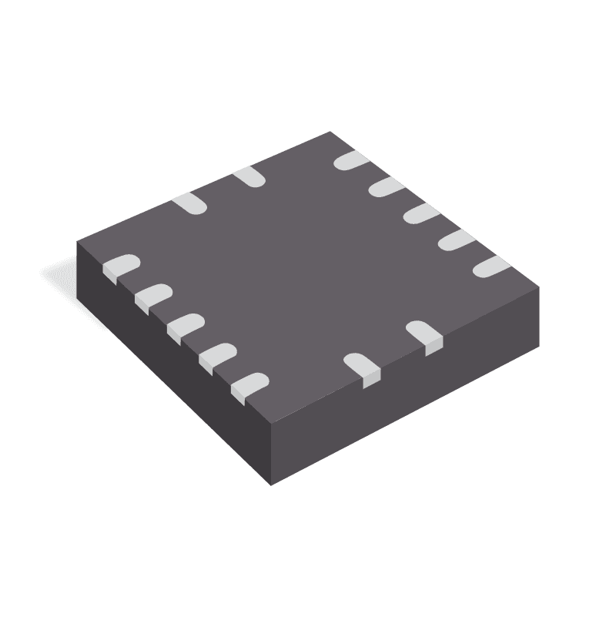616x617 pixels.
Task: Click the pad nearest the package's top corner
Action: [x=350, y=160]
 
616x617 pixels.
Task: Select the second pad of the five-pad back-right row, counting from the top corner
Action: [x=383, y=186]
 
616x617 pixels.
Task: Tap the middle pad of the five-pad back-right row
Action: [x=418, y=213]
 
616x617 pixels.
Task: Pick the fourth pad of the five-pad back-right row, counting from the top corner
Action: [x=454, y=240]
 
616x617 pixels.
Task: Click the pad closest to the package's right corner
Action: [x=491, y=267]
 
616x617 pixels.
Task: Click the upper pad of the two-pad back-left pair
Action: [x=249, y=176]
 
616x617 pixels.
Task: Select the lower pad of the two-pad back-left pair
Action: [x=190, y=204]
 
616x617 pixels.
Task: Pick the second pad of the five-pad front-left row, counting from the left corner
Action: [x=152, y=296]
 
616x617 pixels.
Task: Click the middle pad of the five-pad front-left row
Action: [x=184, y=325]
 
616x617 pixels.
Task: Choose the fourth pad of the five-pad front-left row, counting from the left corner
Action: [x=217, y=354]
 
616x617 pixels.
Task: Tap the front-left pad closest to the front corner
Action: [x=250, y=384]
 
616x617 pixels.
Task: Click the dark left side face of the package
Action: [x=169, y=362]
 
